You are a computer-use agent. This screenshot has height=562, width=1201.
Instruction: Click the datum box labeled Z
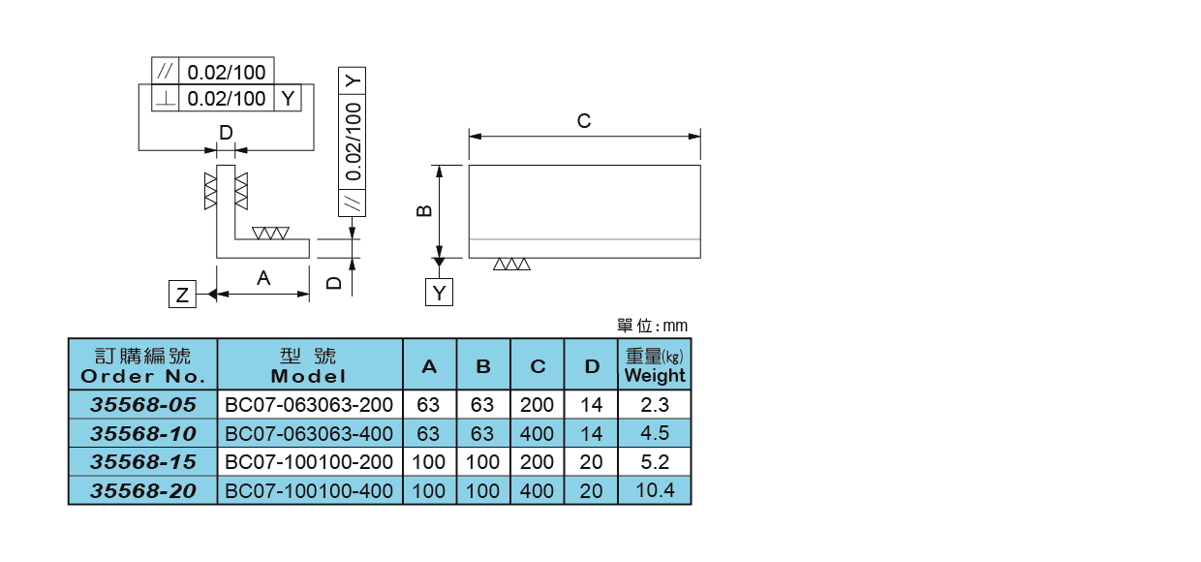tap(182, 294)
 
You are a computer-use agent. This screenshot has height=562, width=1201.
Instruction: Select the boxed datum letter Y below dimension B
tap(440, 292)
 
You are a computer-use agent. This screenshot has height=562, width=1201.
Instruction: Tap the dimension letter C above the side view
tap(583, 121)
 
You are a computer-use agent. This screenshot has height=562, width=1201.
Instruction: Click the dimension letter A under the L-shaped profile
tap(262, 279)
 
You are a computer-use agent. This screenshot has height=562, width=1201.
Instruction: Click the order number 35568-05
tap(142, 404)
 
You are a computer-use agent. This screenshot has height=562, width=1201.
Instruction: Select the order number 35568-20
tap(142, 491)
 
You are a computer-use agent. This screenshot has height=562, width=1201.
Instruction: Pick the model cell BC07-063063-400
tap(309, 433)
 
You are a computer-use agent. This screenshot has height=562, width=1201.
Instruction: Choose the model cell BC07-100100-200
tap(309, 462)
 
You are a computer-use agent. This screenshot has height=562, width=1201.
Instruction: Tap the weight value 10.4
tap(655, 490)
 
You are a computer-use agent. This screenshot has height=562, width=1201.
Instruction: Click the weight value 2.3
tap(655, 404)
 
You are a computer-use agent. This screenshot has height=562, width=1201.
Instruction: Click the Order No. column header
tap(142, 365)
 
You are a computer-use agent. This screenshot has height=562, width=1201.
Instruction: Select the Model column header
tap(309, 365)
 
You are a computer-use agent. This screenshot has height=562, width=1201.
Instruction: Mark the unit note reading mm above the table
tap(652, 326)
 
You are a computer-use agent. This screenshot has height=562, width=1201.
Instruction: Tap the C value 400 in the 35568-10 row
tap(538, 433)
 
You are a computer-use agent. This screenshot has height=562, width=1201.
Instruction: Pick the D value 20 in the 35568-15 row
tap(591, 462)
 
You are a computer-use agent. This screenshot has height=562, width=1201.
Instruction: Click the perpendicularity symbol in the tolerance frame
tap(166, 98)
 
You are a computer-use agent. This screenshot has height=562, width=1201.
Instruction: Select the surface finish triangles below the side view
tap(511, 265)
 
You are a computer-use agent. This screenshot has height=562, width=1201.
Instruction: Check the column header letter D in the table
tap(591, 367)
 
